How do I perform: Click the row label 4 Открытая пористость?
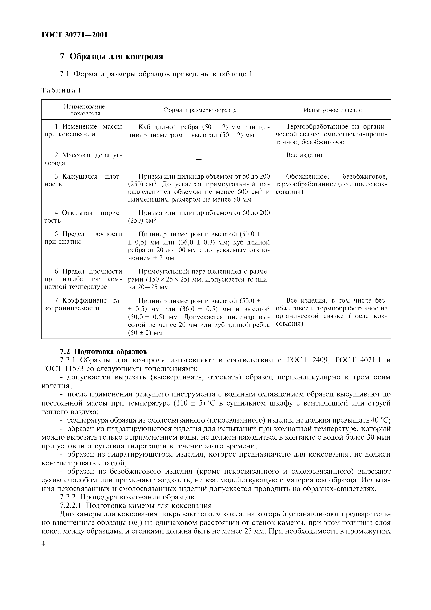pos(83,216)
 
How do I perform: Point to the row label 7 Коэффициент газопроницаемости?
pos(83,304)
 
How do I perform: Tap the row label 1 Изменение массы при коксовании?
pos(83,130)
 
